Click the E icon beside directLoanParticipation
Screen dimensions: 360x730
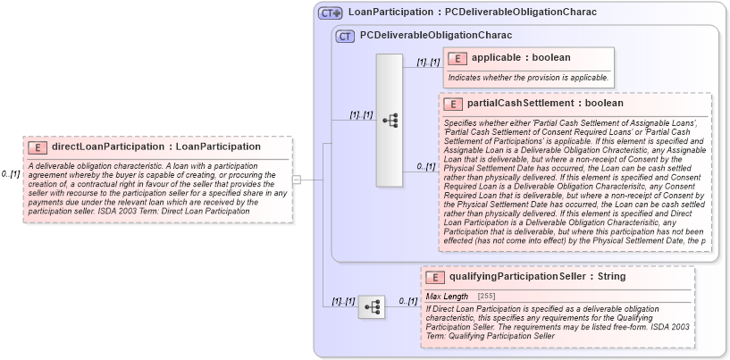[38, 147]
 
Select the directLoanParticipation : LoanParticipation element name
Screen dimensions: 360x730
[156, 147]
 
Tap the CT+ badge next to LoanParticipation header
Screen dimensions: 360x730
[331, 13]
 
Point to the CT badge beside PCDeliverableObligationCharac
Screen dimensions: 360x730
[345, 37]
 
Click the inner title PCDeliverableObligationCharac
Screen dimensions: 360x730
[435, 36]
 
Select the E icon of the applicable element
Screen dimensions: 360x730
[457, 58]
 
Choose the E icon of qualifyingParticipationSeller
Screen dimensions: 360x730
[435, 278]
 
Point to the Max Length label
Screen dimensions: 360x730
[447, 295]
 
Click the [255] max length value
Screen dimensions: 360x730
[486, 295]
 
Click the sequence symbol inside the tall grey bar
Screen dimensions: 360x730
[390, 120]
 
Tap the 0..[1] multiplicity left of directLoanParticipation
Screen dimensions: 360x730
[11, 174]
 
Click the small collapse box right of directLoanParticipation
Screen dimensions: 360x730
[297, 180]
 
